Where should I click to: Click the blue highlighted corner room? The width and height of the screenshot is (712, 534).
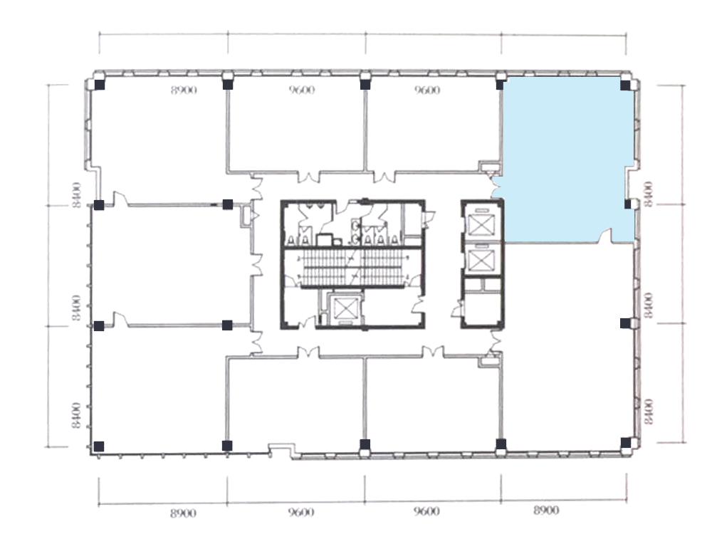coord(567,159)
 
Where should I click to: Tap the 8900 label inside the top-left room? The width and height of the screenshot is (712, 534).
coord(184,90)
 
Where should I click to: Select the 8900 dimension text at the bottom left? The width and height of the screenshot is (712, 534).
coord(184,513)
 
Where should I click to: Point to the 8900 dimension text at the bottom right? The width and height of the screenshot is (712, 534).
coord(546,511)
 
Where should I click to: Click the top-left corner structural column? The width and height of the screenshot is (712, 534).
coord(100,85)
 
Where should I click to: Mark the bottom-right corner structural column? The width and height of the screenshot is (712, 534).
coord(626,442)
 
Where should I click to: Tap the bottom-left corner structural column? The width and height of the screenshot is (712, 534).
coord(98,446)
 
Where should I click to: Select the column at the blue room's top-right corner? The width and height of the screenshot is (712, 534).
coord(626,85)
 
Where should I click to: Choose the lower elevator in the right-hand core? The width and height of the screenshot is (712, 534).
coord(481,260)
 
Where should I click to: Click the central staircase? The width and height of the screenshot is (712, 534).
coord(353,268)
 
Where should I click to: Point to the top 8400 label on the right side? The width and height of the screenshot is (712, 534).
coord(649,192)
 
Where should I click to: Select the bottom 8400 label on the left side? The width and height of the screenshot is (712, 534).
coord(76,415)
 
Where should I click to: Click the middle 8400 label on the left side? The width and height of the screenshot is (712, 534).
coord(76,308)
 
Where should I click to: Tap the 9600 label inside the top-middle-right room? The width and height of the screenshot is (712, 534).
coord(427,90)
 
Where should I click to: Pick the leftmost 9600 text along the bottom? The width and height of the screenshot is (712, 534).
coord(301,512)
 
